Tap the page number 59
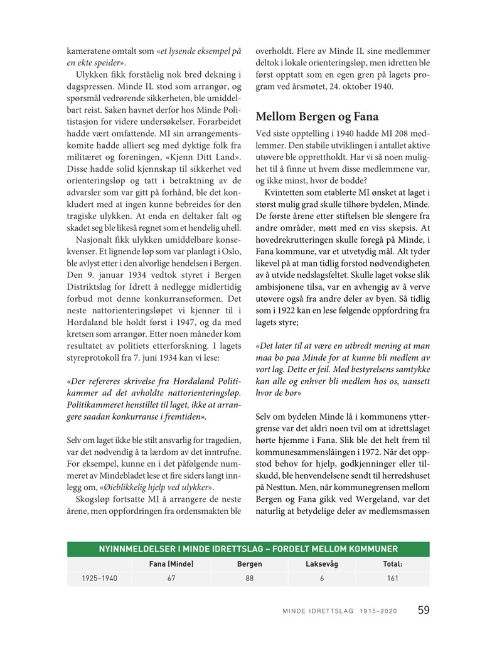[424, 610]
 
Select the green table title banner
[248, 549]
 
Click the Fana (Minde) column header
[171, 564]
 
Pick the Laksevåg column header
[321, 564]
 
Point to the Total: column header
[393, 564]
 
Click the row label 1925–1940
[99, 579]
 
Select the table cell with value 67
[171, 579]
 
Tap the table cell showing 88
[249, 579]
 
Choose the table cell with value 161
[393, 579]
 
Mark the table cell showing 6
[321, 579]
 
